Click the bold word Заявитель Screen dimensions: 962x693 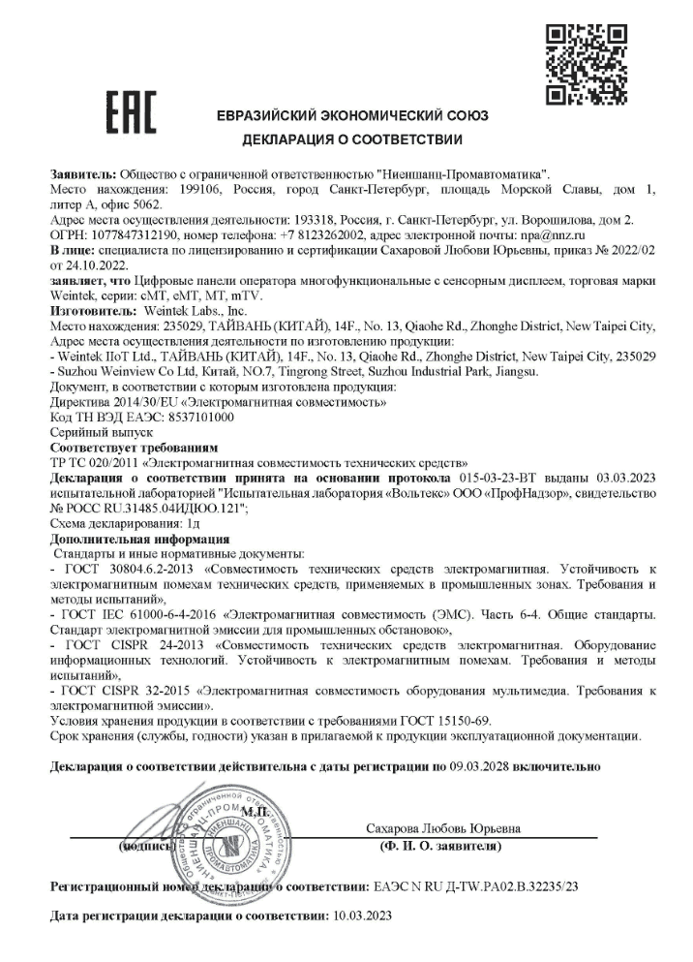coord(83,171)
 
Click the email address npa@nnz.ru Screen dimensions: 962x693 coord(553,235)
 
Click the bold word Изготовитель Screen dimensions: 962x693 coord(94,312)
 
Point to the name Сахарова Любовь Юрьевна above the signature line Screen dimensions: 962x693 coord(444,829)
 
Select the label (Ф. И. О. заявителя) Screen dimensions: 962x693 coord(440,847)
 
